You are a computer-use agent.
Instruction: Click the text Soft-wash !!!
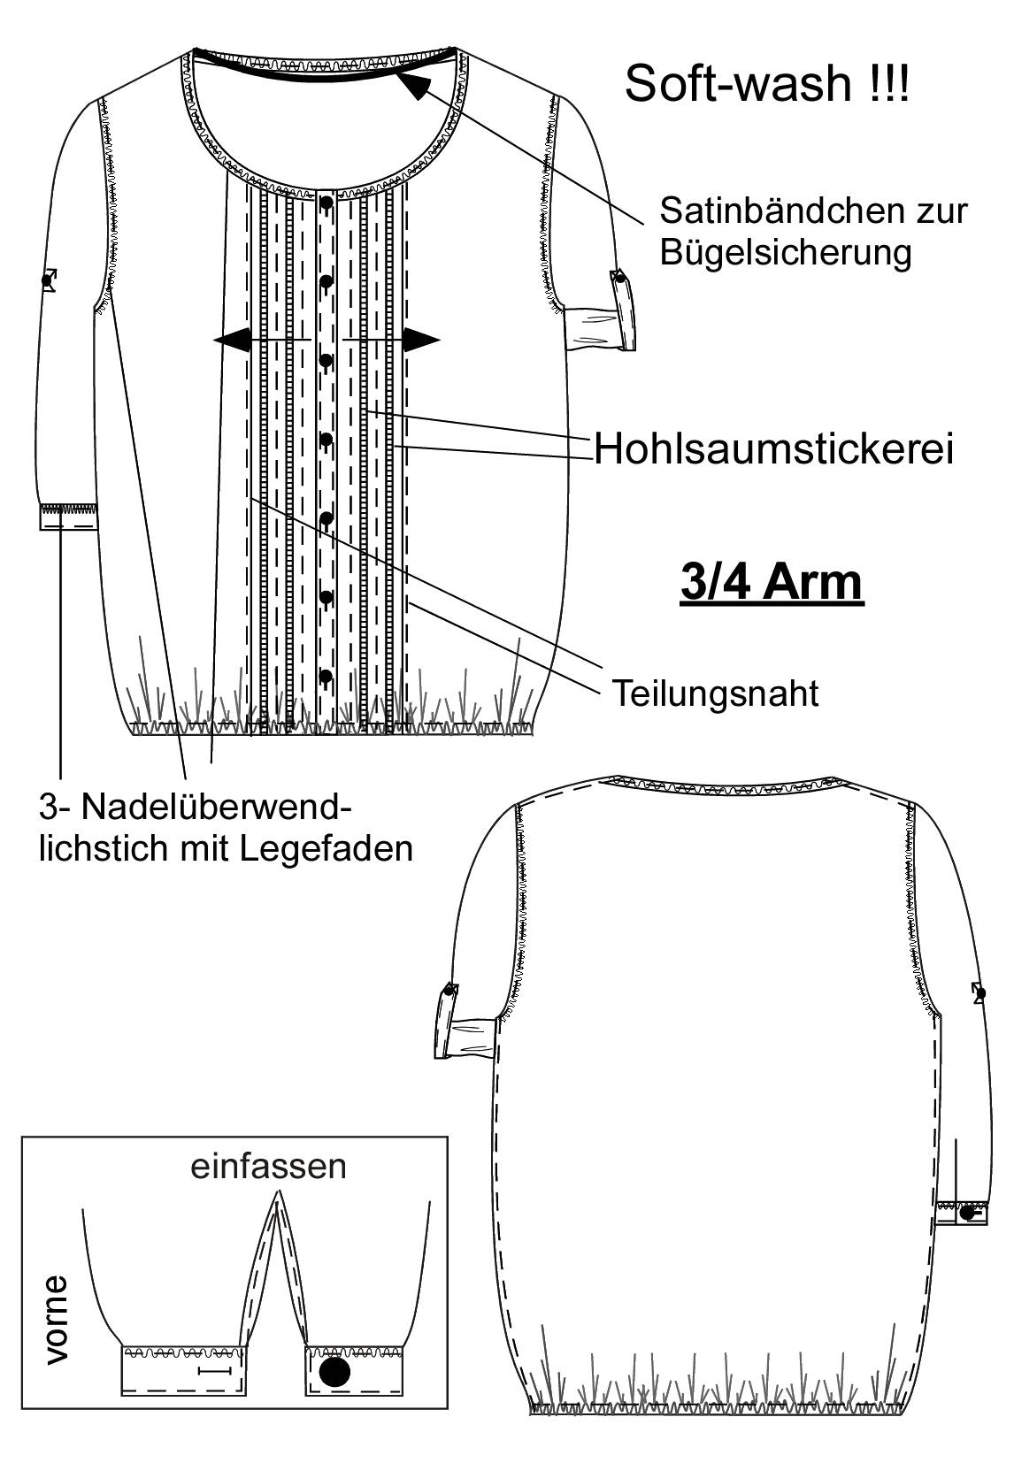click(766, 84)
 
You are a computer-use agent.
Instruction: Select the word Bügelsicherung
click(786, 252)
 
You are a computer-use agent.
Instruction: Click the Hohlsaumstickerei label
click(773, 449)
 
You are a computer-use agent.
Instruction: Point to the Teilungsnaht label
click(716, 693)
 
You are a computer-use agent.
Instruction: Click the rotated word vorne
click(55, 1320)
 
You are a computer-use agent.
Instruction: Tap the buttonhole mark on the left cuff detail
click(215, 1371)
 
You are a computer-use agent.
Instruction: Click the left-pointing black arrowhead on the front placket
click(233, 340)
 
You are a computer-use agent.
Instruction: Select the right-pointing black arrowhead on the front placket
click(421, 340)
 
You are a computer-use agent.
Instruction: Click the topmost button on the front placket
click(326, 203)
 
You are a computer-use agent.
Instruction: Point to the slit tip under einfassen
click(279, 1191)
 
